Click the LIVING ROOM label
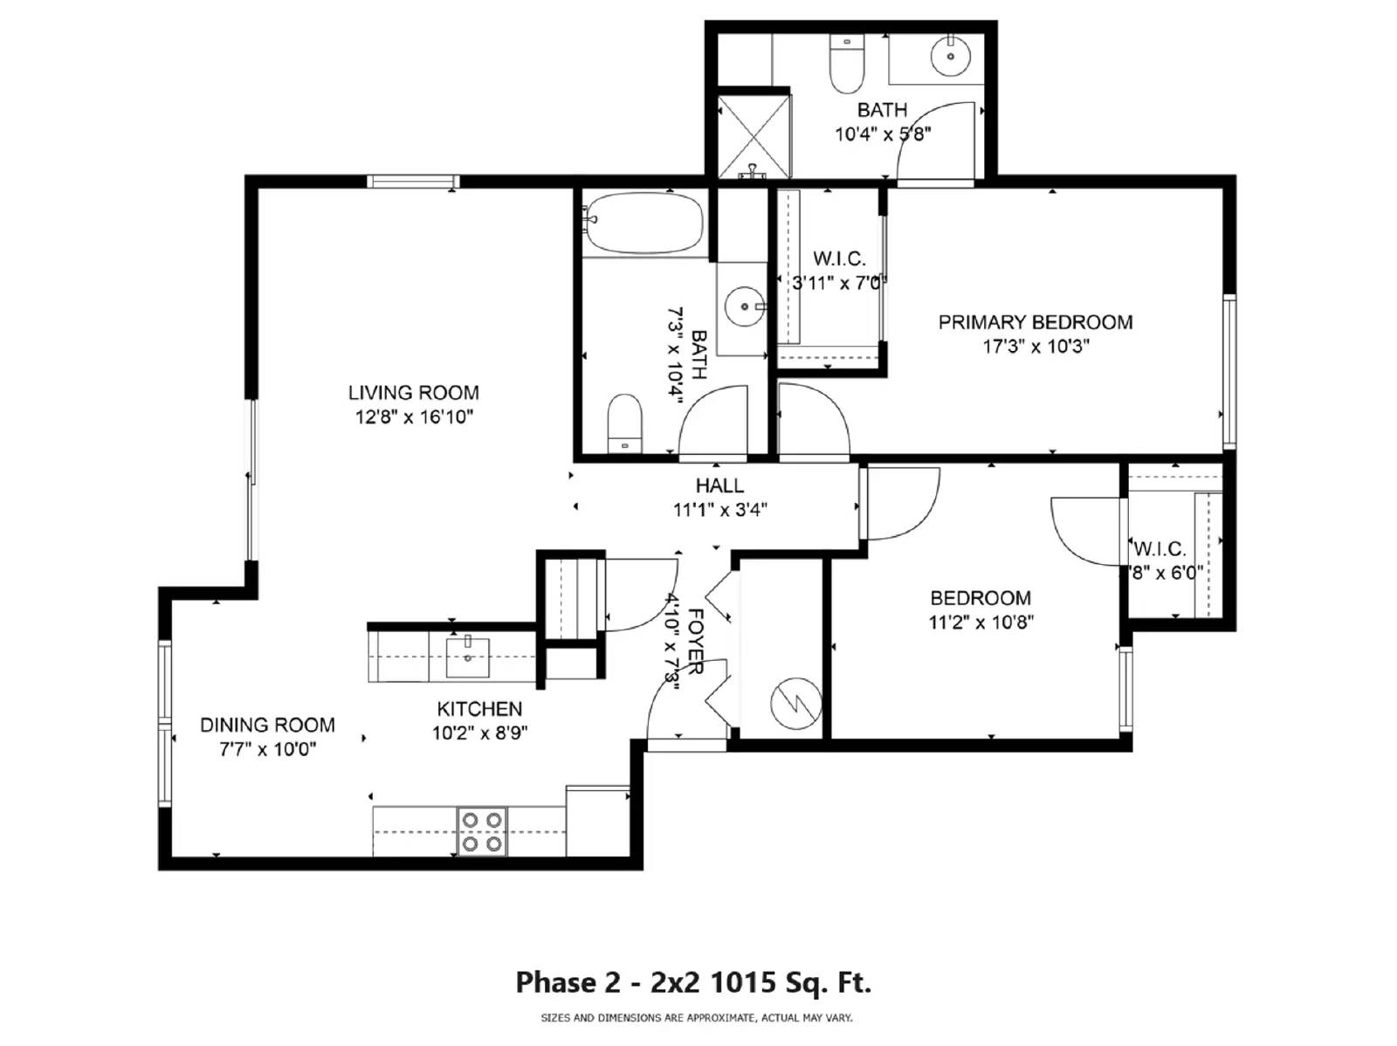[x=413, y=393]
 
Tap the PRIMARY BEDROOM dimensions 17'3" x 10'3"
[x=1036, y=347]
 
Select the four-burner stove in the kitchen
[x=482, y=831]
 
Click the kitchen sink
[x=468, y=657]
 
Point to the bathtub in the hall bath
[x=644, y=224]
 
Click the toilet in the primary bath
[x=846, y=65]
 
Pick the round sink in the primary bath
[x=950, y=58]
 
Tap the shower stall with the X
[x=753, y=134]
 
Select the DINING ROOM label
[x=267, y=725]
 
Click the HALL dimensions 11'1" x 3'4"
[x=719, y=510]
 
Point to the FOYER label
[x=697, y=642]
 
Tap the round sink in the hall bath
[x=745, y=306]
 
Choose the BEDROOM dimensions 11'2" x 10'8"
[x=981, y=623]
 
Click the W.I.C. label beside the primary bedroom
[x=839, y=258]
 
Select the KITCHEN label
[x=479, y=709]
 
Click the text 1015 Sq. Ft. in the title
[x=789, y=983]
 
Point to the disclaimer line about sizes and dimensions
[x=697, y=1018]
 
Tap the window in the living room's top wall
[x=413, y=182]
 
